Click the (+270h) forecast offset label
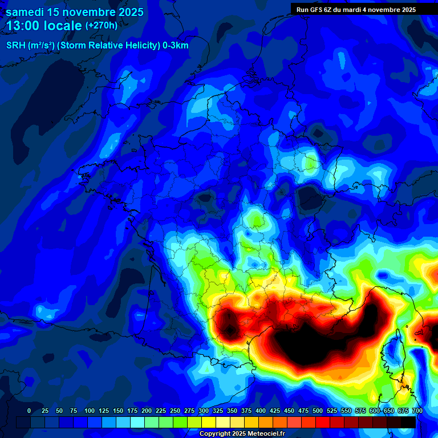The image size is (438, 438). [102, 26]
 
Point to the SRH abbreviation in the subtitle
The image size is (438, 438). [15, 46]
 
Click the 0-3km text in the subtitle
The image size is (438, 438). [175, 46]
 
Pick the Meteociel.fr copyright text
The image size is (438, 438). [263, 433]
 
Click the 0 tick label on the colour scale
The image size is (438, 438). [29, 411]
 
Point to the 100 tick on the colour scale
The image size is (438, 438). [89, 411]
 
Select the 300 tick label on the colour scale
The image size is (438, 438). [204, 411]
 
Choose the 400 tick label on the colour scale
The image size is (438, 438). [261, 411]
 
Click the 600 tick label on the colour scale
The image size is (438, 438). [375, 411]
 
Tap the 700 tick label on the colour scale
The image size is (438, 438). [417, 411]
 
